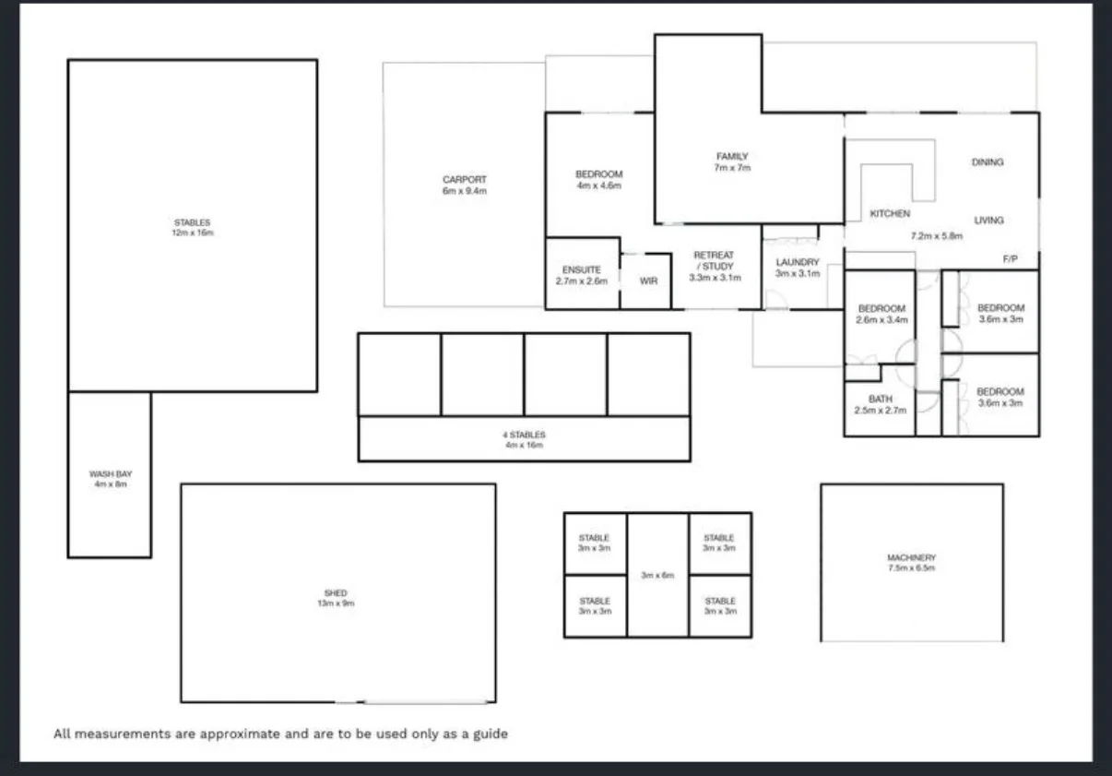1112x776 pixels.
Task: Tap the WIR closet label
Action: coord(648,281)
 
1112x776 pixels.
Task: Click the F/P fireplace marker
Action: coord(1010,259)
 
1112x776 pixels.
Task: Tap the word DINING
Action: coord(987,162)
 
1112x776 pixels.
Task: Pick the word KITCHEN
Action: coord(890,214)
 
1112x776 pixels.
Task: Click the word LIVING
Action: coord(988,221)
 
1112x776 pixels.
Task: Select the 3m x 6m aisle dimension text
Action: coord(657,575)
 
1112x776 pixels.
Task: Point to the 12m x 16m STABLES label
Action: coord(192,228)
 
